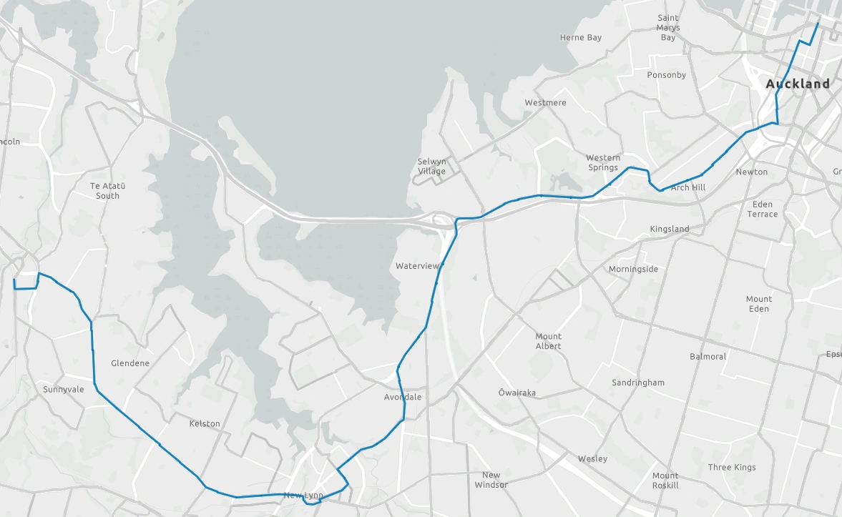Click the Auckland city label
click(x=798, y=84)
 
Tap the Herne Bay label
click(x=581, y=37)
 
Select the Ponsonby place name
click(x=666, y=74)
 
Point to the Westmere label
click(x=545, y=102)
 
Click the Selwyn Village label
click(x=431, y=167)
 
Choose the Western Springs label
click(x=603, y=162)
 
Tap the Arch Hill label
click(x=688, y=187)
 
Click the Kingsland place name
click(x=669, y=229)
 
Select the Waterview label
click(x=417, y=266)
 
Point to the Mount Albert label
click(x=548, y=341)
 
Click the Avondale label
click(x=403, y=397)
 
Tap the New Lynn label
click(x=303, y=495)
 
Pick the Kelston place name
click(x=205, y=423)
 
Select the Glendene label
click(x=130, y=363)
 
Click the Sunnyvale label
click(x=64, y=389)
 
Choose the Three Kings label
click(x=732, y=467)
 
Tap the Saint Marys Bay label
click(x=668, y=28)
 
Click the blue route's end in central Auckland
click(x=818, y=23)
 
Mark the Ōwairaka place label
click(x=517, y=393)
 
